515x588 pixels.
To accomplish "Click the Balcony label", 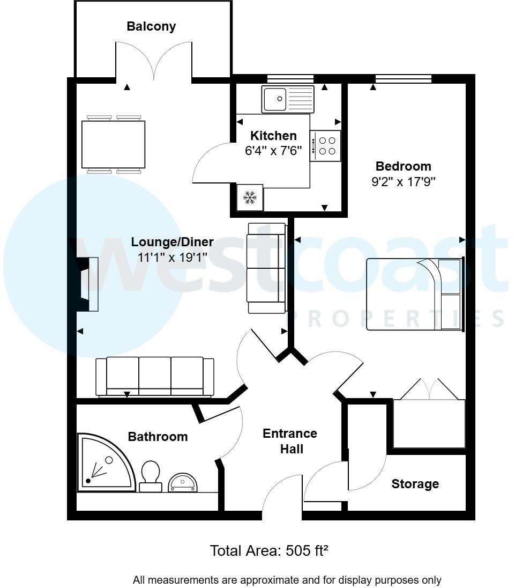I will tap(151, 26).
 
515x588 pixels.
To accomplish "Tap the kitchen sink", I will tap(288, 99).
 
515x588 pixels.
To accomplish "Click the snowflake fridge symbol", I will tap(250, 197).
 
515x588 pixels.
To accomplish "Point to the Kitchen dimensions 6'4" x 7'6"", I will tap(273, 151).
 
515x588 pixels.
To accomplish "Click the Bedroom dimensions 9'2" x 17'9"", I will tap(403, 182).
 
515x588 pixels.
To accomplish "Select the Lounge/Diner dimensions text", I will tap(172, 258).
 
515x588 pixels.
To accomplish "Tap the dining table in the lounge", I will tap(113, 144).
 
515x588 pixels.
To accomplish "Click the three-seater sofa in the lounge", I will tap(155, 377).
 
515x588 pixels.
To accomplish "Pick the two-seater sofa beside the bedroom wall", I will tap(266, 268).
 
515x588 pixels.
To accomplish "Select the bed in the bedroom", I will tap(414, 294).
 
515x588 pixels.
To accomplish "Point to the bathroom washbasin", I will tap(183, 483).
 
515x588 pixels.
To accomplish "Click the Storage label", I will tap(415, 484).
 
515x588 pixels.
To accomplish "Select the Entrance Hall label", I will tap(290, 440).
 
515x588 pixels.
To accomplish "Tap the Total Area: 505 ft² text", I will tap(268, 550).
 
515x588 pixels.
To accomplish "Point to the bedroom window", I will tap(403, 79).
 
